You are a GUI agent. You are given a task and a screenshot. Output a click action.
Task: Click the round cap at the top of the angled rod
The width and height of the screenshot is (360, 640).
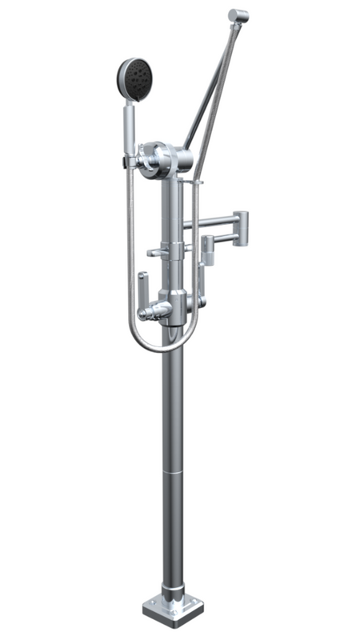pyautogui.click(x=238, y=15)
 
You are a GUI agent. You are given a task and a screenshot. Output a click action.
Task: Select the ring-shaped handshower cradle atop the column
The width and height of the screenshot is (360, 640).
pyautogui.click(x=156, y=160)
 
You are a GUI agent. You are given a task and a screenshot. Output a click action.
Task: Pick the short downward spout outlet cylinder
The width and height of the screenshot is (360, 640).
pyautogui.click(x=206, y=252)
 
